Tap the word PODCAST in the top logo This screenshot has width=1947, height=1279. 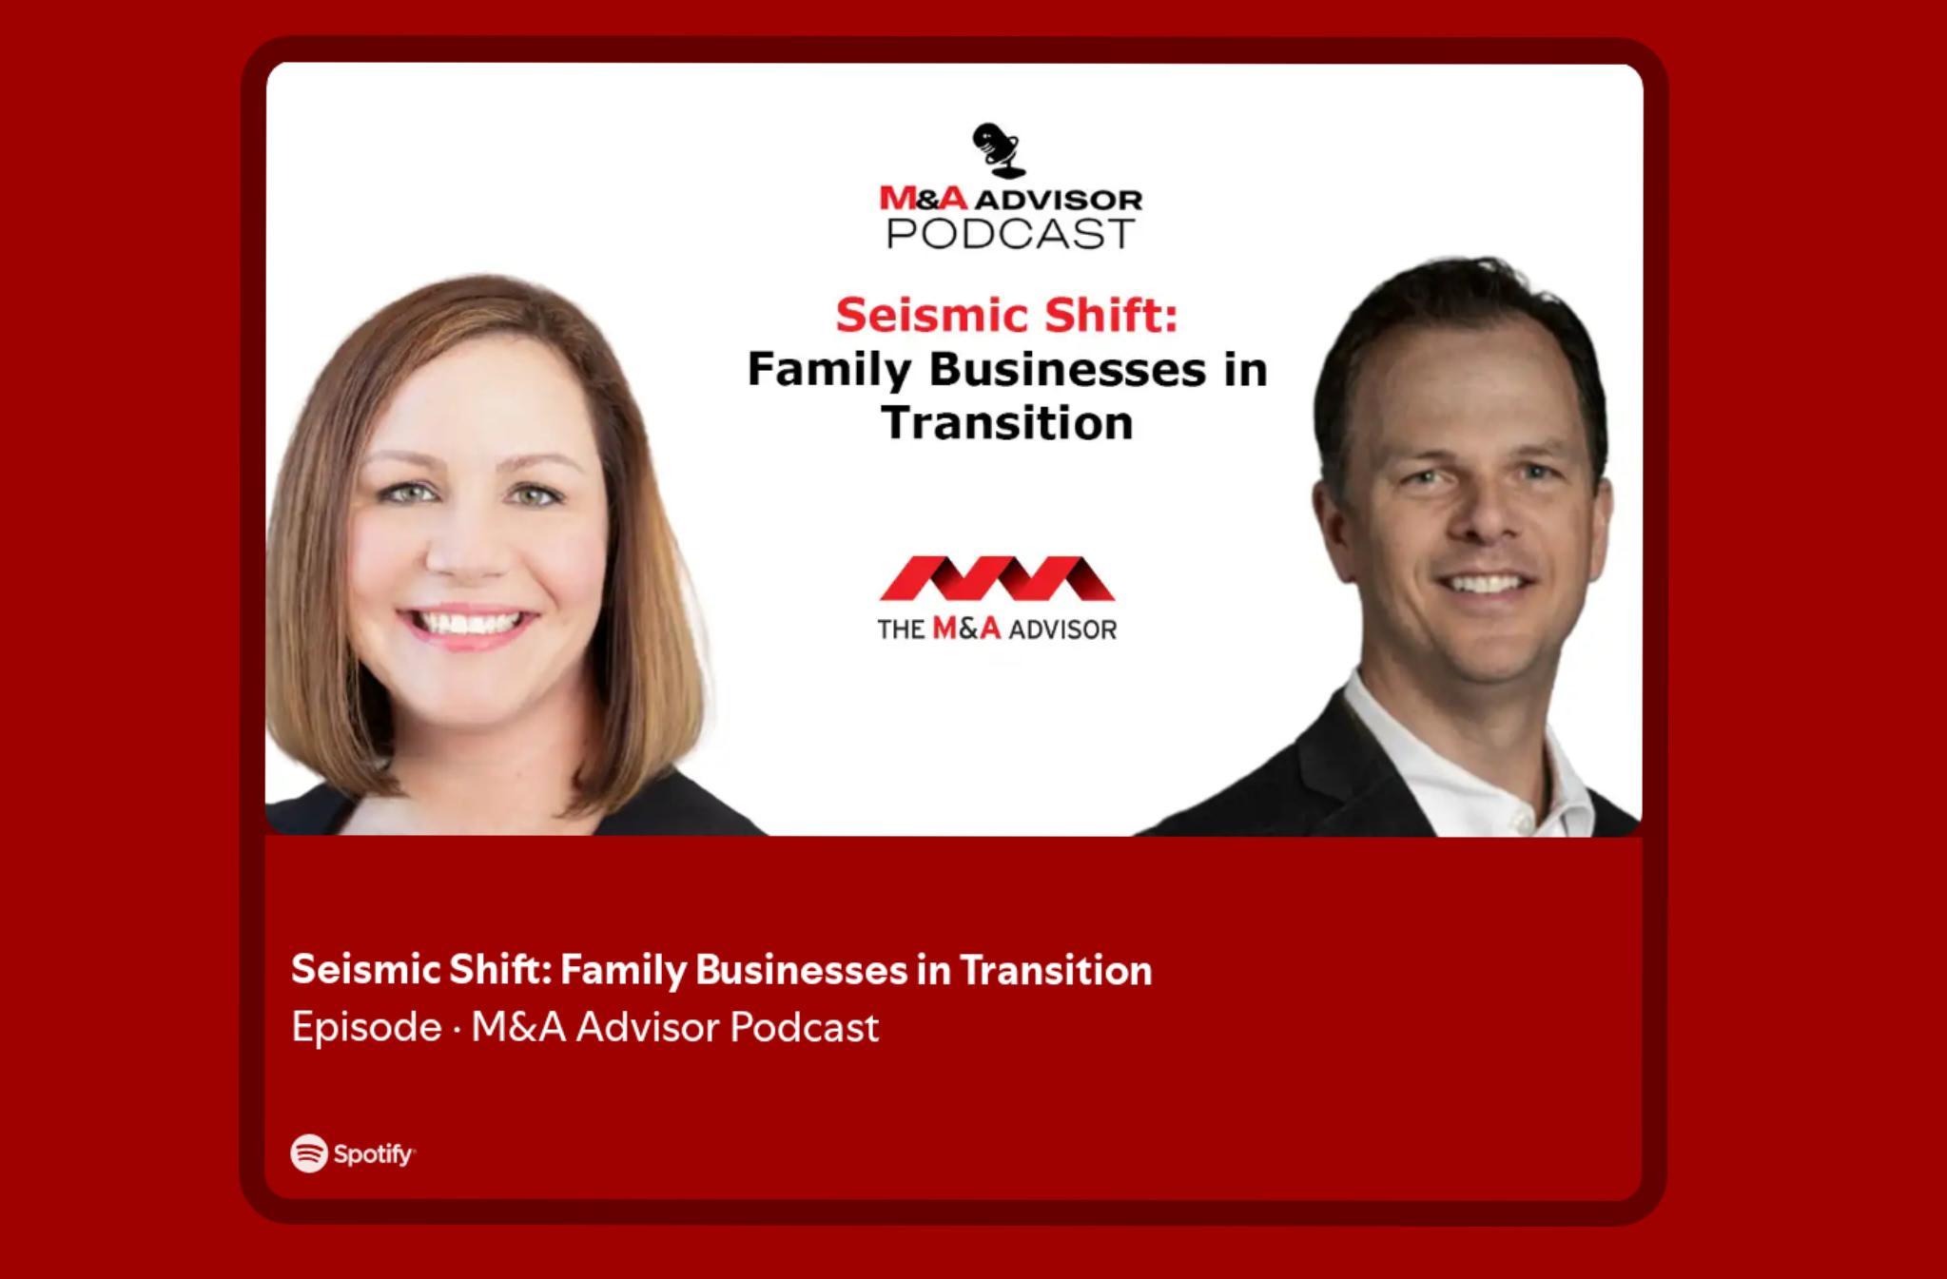point(1010,233)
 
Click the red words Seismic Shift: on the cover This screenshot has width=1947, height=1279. point(1007,315)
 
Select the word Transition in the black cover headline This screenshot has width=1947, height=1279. point(1007,422)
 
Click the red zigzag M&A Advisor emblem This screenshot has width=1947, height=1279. point(997,578)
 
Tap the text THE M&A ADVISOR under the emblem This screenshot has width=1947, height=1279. point(997,629)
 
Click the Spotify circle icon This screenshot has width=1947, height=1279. point(309,1153)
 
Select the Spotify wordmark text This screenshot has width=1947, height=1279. point(374,1154)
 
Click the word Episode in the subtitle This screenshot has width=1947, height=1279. point(366,1027)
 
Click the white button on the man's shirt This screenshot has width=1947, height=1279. point(1519,819)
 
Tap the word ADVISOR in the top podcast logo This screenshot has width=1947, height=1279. point(1059,200)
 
